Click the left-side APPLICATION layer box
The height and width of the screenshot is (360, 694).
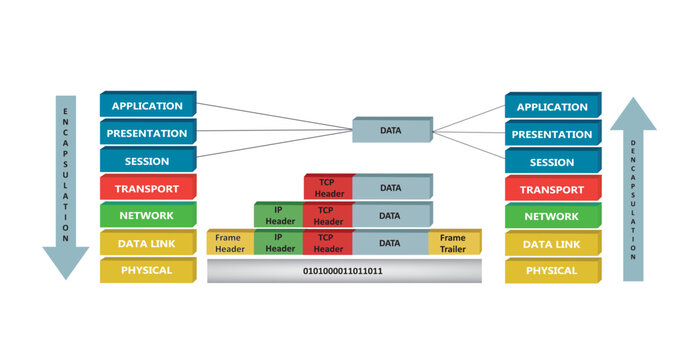tap(147, 106)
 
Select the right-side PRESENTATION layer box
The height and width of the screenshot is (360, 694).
tap(552, 134)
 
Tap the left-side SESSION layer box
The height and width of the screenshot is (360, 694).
tap(147, 161)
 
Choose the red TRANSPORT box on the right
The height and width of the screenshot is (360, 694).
tap(552, 188)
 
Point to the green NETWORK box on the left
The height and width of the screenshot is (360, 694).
tap(147, 215)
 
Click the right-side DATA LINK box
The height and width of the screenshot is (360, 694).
tap(552, 243)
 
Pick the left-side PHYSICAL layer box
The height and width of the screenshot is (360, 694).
tap(147, 270)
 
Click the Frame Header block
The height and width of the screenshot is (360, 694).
tap(230, 243)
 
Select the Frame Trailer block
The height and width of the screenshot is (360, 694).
tap(454, 243)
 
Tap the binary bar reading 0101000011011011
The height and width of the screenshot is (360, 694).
tap(343, 271)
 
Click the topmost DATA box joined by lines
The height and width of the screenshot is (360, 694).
tap(391, 130)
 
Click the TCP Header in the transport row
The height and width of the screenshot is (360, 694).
tap(327, 188)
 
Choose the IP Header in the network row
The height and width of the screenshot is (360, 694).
tap(279, 215)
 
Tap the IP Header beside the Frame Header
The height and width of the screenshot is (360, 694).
tap(279, 243)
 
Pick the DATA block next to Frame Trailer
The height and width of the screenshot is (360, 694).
tap(391, 243)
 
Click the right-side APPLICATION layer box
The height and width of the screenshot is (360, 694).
tap(552, 106)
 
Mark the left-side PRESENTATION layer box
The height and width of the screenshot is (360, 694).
tap(147, 133)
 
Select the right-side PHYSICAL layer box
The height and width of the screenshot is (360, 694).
tap(552, 270)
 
